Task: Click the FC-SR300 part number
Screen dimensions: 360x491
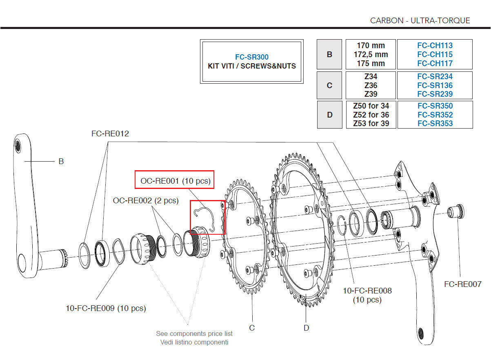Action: click(x=251, y=57)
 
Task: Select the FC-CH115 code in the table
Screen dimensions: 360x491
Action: click(x=435, y=54)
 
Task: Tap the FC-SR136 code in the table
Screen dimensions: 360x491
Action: click(x=435, y=85)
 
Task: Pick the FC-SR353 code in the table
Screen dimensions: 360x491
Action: click(x=435, y=123)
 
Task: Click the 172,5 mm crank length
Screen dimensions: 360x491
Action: click(x=371, y=54)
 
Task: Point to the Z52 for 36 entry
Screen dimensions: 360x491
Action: click(x=371, y=115)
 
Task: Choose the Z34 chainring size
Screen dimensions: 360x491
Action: click(x=371, y=76)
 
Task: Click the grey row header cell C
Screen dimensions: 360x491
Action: click(x=329, y=85)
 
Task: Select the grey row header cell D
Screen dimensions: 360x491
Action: click(x=329, y=115)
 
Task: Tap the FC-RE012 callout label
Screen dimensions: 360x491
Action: click(x=110, y=133)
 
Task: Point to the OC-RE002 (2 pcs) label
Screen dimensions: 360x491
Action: click(x=146, y=200)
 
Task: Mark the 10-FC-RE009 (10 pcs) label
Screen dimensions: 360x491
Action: click(x=106, y=308)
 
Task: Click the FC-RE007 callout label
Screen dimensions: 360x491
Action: click(x=462, y=284)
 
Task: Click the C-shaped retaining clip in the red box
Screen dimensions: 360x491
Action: click(x=204, y=217)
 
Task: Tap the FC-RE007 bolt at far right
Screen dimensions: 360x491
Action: click(x=455, y=212)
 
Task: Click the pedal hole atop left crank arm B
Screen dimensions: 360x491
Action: click(x=18, y=145)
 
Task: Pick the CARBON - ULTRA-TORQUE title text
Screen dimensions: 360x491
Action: click(x=420, y=20)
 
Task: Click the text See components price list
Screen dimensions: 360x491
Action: click(x=194, y=333)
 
